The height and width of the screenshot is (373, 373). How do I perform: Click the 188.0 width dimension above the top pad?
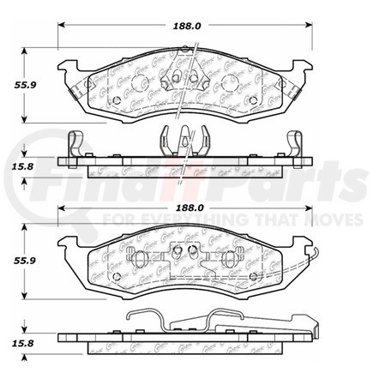tap(186, 26)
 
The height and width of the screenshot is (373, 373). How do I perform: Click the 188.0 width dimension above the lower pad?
tap(186, 208)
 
